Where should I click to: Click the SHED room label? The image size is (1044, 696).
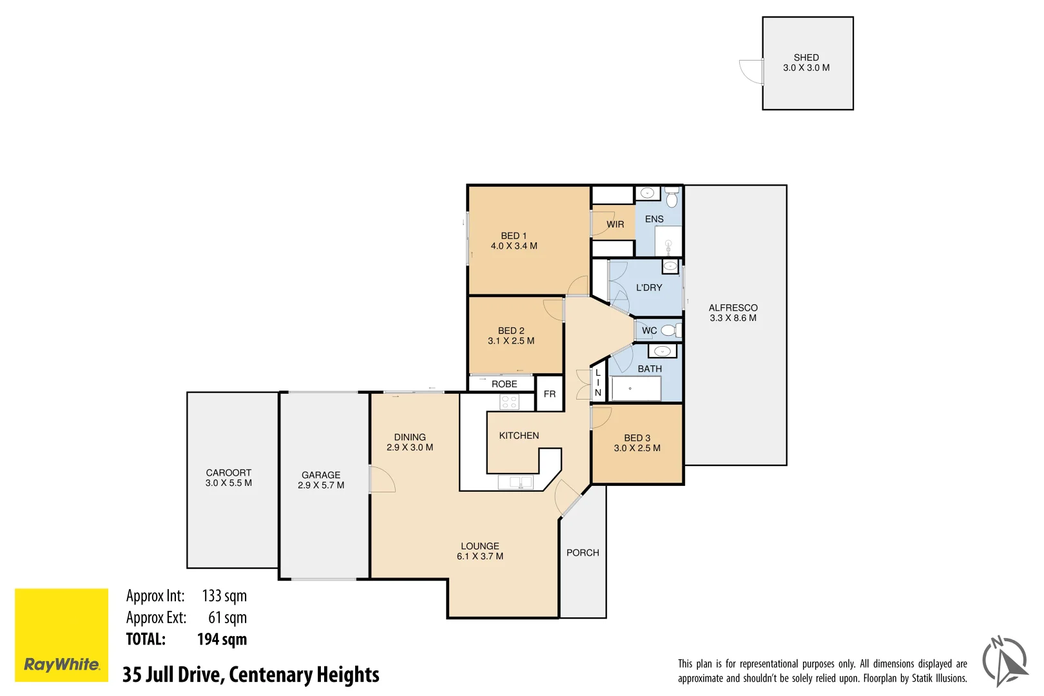pyautogui.click(x=806, y=57)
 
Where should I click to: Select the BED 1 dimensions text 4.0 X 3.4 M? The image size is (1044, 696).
pyautogui.click(x=514, y=246)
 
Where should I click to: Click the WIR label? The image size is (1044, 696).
pyautogui.click(x=615, y=224)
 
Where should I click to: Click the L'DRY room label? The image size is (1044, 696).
pyautogui.click(x=648, y=287)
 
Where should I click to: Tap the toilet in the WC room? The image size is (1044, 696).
pyautogui.click(x=669, y=331)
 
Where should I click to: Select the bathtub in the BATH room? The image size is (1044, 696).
pyautogui.click(x=635, y=389)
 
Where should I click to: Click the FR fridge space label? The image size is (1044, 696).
pyautogui.click(x=549, y=394)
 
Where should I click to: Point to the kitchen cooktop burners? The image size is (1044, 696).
pyautogui.click(x=509, y=402)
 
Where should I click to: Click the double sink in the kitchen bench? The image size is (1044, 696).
pyautogui.click(x=516, y=481)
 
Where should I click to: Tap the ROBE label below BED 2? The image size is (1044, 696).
pyautogui.click(x=504, y=384)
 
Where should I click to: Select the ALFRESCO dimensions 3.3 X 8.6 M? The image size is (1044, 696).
pyautogui.click(x=733, y=318)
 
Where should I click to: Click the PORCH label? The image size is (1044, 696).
pyautogui.click(x=583, y=552)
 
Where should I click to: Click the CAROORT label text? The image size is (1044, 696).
pyautogui.click(x=228, y=472)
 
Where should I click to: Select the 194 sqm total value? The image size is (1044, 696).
pyautogui.click(x=222, y=639)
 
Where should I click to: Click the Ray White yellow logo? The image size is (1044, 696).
pyautogui.click(x=61, y=634)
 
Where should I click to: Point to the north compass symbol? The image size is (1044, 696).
pyautogui.click(x=1004, y=661)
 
